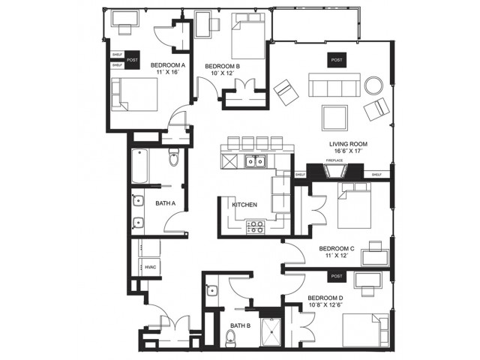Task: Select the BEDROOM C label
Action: tap(336, 248)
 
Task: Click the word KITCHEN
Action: tap(244, 204)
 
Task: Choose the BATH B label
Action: tap(239, 325)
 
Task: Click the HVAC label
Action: tap(150, 266)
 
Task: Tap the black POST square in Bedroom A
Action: tap(133, 60)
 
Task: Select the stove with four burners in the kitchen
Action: tap(255, 226)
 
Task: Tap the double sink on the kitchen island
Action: tap(255, 161)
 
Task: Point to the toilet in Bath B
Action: tap(231, 337)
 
